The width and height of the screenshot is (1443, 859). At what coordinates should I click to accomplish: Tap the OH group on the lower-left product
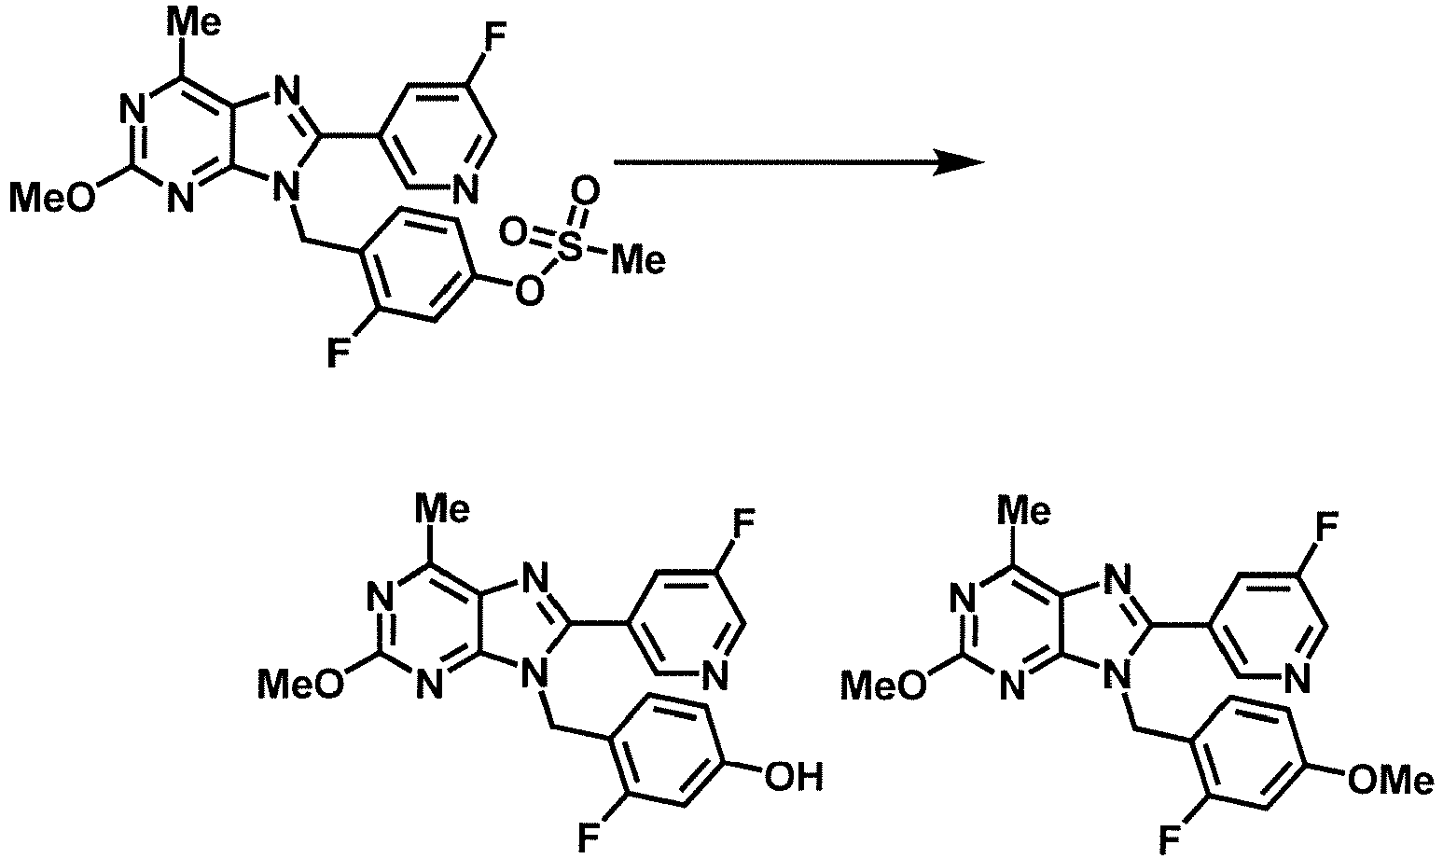794,777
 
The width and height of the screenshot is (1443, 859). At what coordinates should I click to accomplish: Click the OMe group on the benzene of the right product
1391,780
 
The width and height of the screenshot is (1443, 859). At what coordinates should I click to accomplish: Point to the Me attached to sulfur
638,261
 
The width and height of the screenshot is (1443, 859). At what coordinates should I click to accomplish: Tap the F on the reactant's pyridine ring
495,35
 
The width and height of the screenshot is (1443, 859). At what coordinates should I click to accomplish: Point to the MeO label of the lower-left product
301,685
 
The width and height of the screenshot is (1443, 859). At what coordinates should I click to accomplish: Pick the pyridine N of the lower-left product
716,676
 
